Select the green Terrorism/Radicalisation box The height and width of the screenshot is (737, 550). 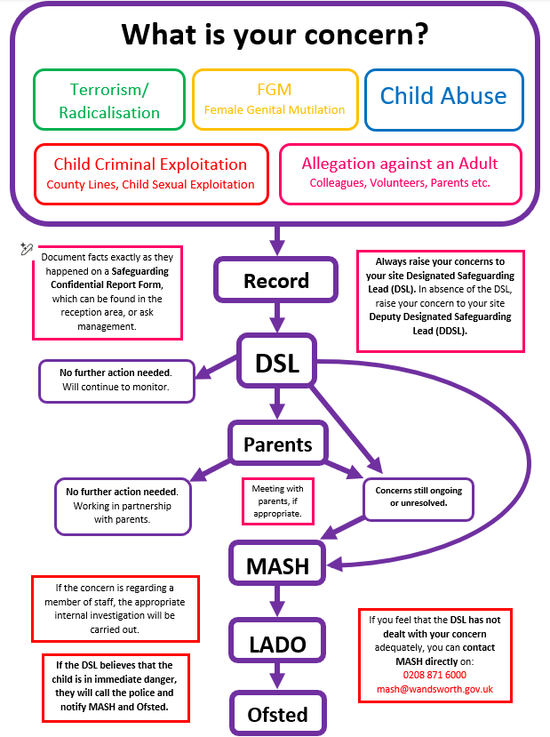coord(108,100)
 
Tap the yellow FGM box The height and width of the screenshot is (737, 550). coord(275,99)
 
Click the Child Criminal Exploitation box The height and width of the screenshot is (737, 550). coord(150,173)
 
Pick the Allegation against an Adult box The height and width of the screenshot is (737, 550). coord(399,172)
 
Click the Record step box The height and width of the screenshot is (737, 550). coord(275,281)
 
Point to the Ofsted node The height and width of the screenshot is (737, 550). coord(276,714)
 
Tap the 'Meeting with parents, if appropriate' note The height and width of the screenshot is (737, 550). coord(277,501)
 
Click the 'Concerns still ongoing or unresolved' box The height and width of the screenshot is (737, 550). coord(418,497)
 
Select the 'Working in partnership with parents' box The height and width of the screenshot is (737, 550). coord(122,506)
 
